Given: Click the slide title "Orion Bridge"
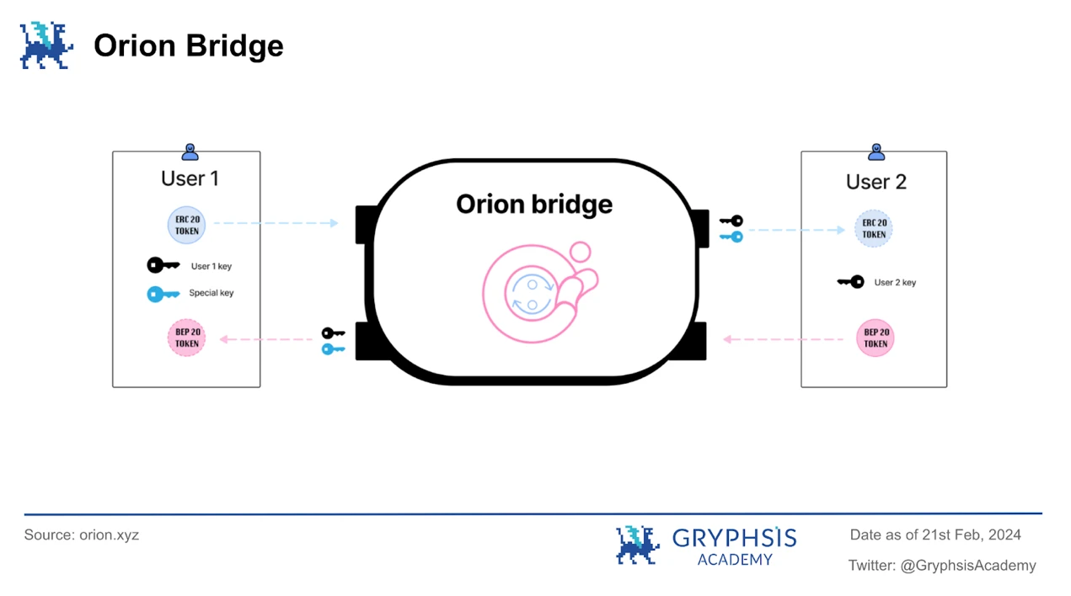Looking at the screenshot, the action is [189, 45].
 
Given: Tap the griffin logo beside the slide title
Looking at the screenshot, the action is [46, 45].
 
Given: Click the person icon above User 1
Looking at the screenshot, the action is [190, 152].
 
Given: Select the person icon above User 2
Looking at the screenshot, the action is [876, 152].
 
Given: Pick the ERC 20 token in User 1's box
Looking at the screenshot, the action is [186, 225].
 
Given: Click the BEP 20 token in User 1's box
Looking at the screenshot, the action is [186, 338].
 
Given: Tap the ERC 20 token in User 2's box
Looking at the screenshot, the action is [874, 229].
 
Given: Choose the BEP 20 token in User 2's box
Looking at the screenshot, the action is [875, 338].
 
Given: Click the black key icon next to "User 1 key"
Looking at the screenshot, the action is [163, 264].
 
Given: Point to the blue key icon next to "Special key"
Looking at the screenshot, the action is [163, 294].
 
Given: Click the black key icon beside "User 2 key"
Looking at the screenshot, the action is [850, 282].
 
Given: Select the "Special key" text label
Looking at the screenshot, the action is [211, 293].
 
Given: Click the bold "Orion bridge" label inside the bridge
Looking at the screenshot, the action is [534, 205].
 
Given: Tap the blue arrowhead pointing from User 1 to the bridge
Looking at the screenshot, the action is [335, 223].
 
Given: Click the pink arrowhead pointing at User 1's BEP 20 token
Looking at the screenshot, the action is [224, 339].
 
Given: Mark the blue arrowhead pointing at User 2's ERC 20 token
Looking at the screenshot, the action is [841, 230].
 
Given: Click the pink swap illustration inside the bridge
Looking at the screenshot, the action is [540, 292].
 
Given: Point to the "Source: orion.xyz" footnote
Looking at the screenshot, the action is [81, 535].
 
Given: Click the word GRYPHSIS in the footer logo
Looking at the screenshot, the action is [735, 538].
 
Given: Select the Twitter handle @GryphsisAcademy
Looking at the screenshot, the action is [967, 566].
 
